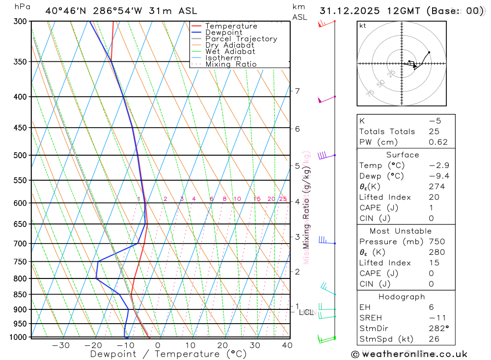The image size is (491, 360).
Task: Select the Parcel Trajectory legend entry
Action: pyautogui.click(x=241, y=39)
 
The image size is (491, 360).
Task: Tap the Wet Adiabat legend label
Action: pyautogui.click(x=230, y=52)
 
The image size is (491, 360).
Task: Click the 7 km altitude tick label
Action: pyautogui.click(x=297, y=91)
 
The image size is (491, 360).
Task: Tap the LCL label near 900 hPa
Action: pyautogui.click(x=306, y=312)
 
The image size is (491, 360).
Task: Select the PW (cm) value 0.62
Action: pyautogui.click(x=438, y=142)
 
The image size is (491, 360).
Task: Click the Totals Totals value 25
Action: pyautogui.click(x=434, y=131)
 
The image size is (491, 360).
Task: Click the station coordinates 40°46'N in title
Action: pyautogui.click(x=65, y=10)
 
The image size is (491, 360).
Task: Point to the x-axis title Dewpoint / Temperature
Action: pyautogui.click(x=168, y=354)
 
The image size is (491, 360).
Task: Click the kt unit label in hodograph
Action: pyautogui.click(x=363, y=26)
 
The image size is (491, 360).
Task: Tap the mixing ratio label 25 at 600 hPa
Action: pyautogui.click(x=283, y=199)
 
